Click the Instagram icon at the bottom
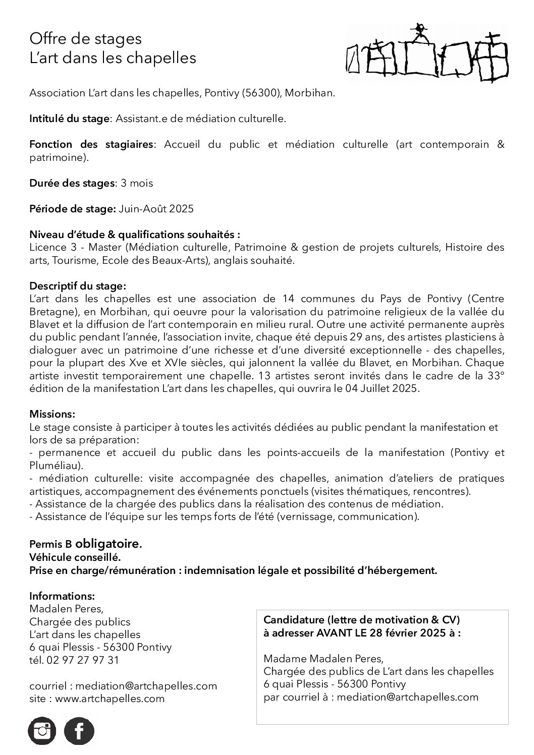pos(42,731)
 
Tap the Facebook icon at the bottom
pos(79,731)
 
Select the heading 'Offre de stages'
pos(85,39)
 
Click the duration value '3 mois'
pos(137,183)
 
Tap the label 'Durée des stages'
pos(72,183)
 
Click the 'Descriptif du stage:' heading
pos(78,286)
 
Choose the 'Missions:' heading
pos(52,414)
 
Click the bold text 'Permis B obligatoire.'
pos(86,544)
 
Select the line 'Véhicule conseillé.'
pos(75,558)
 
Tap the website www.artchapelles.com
pos(110,699)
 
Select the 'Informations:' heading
pos(62,596)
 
